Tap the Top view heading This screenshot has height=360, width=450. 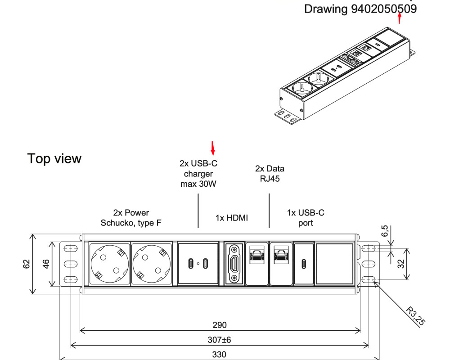[54, 158]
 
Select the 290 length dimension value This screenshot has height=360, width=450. [220, 325]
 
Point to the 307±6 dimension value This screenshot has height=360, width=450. [220, 339]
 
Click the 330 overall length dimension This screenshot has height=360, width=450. [219, 354]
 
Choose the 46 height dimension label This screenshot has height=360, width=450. [45, 263]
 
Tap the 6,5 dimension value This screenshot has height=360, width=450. [385, 231]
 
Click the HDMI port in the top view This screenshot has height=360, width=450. [234, 263]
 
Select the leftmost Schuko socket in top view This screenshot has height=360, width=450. [109, 263]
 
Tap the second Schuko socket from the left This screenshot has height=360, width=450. [151, 263]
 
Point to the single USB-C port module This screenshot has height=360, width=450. [303, 263]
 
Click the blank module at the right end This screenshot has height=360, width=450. [334, 263]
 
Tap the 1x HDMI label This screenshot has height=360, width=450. [232, 218]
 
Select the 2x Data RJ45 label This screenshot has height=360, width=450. [270, 173]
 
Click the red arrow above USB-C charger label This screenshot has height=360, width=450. [213, 147]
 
